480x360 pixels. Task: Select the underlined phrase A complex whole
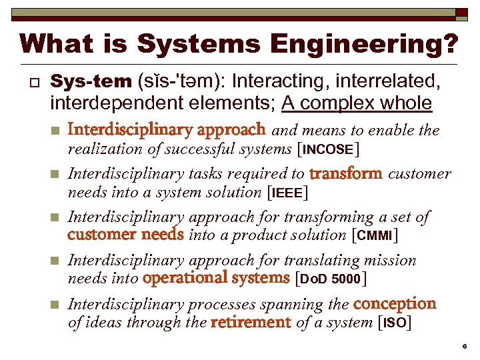[357, 103]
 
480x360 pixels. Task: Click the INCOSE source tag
[327, 149]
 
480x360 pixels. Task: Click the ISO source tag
[394, 323]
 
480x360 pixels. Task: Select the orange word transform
[345, 174]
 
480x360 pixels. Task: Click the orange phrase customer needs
[125, 235]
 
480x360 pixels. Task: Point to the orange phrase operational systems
[217, 278]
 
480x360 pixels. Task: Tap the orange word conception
[395, 304]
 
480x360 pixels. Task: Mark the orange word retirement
[251, 323]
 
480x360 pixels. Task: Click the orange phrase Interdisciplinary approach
[167, 129]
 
